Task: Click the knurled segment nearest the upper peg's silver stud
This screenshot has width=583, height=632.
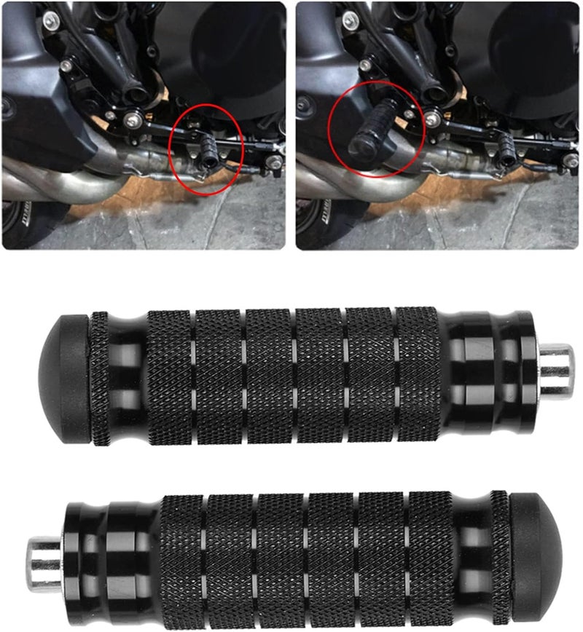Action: point(418,376)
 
